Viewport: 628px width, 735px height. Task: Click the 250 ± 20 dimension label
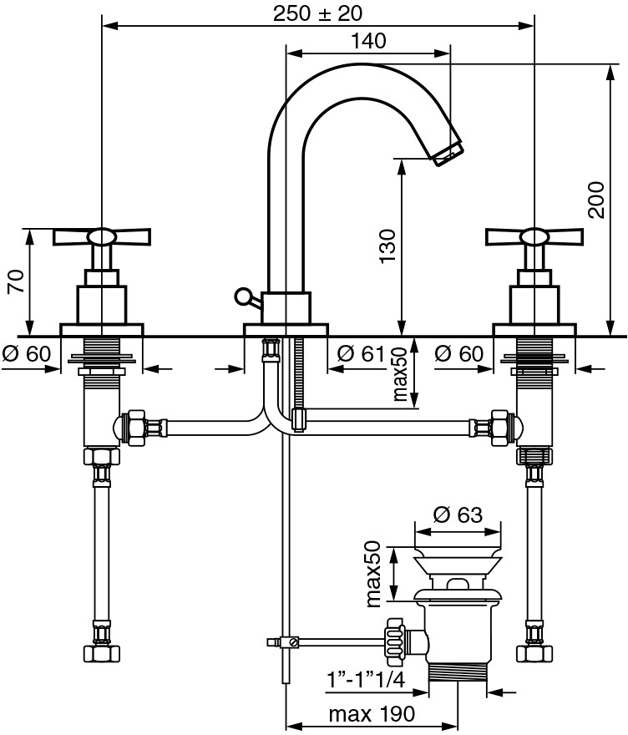pos(317,13)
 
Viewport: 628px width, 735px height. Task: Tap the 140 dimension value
pos(369,41)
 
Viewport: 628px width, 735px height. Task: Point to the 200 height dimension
pos(596,200)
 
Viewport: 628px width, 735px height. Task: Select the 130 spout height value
pos(388,246)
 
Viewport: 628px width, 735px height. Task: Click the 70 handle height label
pos(17,281)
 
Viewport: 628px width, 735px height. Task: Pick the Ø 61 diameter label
pos(361,353)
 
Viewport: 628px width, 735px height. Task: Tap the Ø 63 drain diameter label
pos(458,514)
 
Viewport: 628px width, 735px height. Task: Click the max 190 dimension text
pos(372,714)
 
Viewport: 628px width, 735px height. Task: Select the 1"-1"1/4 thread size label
pos(366,679)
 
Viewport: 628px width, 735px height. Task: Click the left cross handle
pos(102,236)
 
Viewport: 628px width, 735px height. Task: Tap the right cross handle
pos(534,236)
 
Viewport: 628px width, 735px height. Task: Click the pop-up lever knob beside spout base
pos(242,296)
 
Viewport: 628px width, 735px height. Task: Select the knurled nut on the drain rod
pos(393,642)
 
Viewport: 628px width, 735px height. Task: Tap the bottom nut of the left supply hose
pos(102,653)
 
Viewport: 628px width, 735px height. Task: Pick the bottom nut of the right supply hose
pos(534,653)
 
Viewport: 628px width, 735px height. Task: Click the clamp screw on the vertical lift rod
pos(293,641)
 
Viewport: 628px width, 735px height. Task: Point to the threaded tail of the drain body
pos(458,675)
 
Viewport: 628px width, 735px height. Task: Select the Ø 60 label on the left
pos(26,353)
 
